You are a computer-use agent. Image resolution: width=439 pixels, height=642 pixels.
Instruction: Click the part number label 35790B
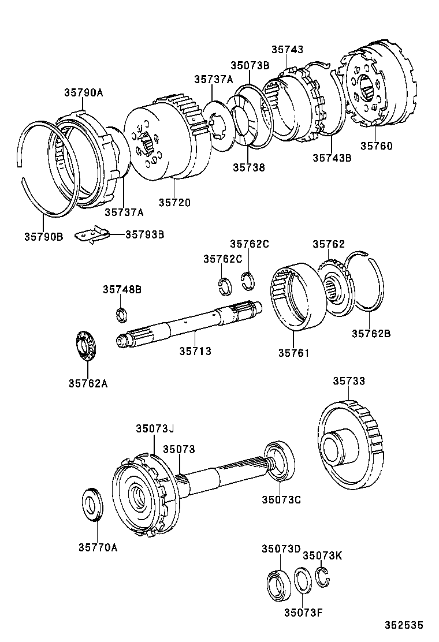(x=43, y=236)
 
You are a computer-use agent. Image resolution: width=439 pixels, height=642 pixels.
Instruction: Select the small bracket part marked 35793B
(x=94, y=236)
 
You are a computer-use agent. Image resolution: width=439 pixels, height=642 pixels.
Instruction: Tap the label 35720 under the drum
(x=174, y=202)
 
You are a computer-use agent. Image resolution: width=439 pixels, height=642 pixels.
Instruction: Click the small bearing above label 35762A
(x=87, y=347)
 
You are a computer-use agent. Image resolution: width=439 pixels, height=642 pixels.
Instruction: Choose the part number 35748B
(x=122, y=289)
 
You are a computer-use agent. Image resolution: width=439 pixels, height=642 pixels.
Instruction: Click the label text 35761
(x=293, y=353)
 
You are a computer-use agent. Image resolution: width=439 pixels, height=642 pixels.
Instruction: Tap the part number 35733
(x=349, y=381)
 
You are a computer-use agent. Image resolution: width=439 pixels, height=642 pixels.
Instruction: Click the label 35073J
(x=155, y=428)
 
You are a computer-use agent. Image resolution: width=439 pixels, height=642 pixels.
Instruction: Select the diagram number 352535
(x=405, y=625)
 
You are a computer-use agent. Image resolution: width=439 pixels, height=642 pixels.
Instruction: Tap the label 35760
(x=376, y=146)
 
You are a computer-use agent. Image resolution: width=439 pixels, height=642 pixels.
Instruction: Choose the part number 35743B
(x=332, y=158)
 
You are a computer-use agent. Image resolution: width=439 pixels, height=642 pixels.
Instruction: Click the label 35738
(x=249, y=167)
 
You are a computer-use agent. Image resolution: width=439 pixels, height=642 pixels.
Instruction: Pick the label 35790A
(x=84, y=92)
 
